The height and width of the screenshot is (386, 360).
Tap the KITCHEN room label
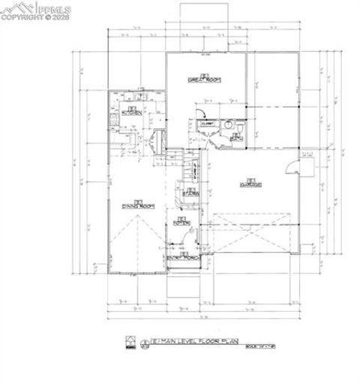(132, 113)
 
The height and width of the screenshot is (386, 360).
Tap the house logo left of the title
(128, 343)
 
